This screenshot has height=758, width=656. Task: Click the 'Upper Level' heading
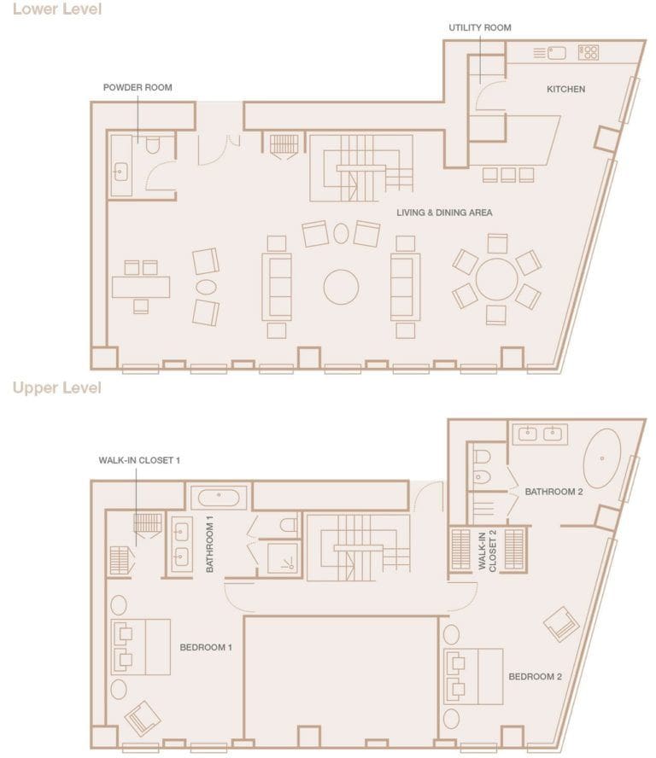click(x=56, y=388)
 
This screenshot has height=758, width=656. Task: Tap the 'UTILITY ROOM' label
click(x=480, y=28)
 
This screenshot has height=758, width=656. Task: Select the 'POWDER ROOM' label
click(x=138, y=87)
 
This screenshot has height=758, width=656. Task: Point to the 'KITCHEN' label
click(x=566, y=89)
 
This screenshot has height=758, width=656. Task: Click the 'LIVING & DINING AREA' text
click(x=444, y=213)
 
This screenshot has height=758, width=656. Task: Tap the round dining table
click(x=496, y=279)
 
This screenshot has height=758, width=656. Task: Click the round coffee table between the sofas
click(x=341, y=287)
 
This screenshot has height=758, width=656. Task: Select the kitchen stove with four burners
click(x=588, y=53)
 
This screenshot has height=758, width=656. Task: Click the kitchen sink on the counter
click(x=556, y=53)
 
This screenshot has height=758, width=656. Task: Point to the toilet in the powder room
click(x=153, y=145)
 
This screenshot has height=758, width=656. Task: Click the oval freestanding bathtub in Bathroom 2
click(x=602, y=458)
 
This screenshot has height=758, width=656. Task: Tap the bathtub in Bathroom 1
click(x=219, y=496)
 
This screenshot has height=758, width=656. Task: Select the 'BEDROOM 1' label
click(x=206, y=648)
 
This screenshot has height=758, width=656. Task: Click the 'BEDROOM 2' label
click(x=535, y=677)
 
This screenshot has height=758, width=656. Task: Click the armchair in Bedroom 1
click(x=143, y=718)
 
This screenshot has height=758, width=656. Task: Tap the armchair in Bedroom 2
click(x=561, y=624)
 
